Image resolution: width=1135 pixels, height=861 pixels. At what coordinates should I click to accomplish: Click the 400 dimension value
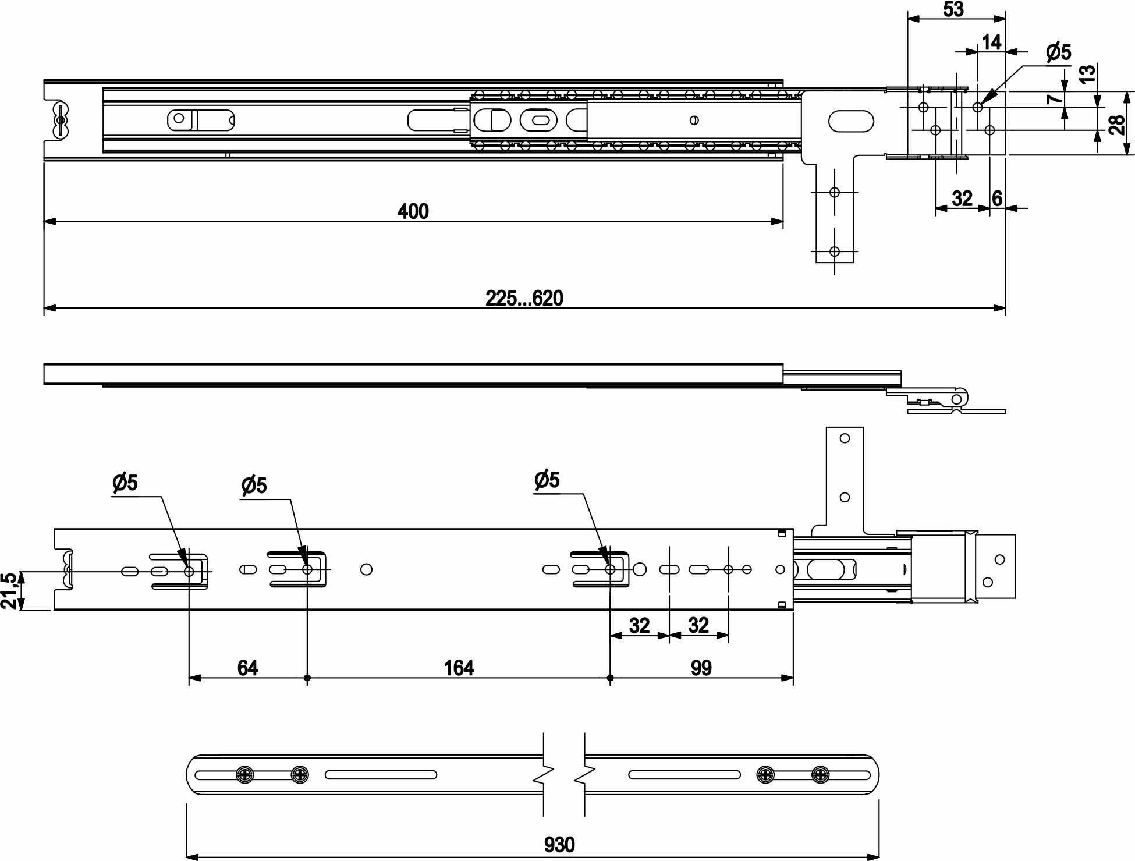pos(413,211)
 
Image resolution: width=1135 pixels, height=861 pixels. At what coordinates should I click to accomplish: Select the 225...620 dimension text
pos(524,298)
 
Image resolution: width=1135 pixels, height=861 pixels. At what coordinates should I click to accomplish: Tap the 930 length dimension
pos(559,845)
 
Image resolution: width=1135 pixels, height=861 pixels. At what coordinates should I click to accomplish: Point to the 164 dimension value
pos(459,668)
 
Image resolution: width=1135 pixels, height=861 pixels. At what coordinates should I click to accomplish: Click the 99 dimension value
pos(701,668)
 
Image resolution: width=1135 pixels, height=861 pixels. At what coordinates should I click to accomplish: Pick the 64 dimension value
pos(247,668)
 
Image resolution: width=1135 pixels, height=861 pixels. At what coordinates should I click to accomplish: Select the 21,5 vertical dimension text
pos(9,590)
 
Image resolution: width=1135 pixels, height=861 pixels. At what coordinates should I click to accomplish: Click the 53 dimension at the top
pos(953,9)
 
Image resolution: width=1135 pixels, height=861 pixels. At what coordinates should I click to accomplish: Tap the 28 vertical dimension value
pos(1116,124)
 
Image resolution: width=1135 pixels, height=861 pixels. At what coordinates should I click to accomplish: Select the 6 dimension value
pos(996,199)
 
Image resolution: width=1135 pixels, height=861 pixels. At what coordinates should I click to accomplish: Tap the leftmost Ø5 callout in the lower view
pos(125,483)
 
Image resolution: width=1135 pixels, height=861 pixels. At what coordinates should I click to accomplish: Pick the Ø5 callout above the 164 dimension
pos(546,480)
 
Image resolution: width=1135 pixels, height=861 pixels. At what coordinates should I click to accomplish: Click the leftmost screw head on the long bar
pos(244,774)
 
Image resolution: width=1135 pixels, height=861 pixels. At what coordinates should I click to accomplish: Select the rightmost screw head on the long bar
pos(820,774)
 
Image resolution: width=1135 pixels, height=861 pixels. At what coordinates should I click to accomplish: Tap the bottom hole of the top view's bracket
pos(835,251)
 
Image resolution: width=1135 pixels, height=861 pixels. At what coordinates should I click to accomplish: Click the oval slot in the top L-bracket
pos(850,122)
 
